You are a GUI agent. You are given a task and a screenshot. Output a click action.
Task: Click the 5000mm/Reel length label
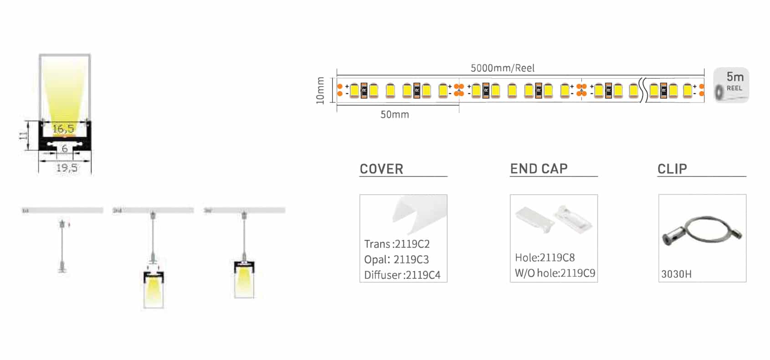(x=502, y=68)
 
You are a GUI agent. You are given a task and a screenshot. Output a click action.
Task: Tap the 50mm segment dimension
(x=395, y=115)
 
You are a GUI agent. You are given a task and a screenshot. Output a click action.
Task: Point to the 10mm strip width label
(x=320, y=90)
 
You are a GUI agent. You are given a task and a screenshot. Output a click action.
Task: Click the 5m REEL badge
(x=731, y=85)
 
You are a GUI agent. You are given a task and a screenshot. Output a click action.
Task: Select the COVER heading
(x=381, y=169)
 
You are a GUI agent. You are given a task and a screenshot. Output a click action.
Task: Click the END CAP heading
(x=539, y=169)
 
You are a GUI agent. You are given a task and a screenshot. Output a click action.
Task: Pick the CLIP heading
(x=672, y=169)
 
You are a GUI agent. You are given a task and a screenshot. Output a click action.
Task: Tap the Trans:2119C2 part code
(x=397, y=244)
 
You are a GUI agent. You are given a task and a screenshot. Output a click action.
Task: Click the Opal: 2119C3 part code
(x=396, y=260)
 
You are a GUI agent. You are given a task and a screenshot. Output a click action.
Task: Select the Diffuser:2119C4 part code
(x=402, y=275)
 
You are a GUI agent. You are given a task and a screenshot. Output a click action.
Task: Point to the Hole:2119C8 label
(x=544, y=258)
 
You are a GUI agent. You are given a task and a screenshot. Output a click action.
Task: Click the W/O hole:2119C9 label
(x=554, y=273)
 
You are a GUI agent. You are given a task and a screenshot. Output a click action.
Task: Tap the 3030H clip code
(x=676, y=274)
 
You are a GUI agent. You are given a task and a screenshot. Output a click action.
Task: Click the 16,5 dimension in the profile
(x=63, y=129)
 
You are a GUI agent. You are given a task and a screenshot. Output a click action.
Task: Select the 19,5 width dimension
(x=67, y=168)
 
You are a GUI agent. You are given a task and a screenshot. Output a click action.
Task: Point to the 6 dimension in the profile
(x=65, y=149)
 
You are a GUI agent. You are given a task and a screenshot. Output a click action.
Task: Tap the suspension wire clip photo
(x=702, y=231)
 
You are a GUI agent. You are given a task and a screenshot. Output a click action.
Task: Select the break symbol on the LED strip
(x=643, y=90)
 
